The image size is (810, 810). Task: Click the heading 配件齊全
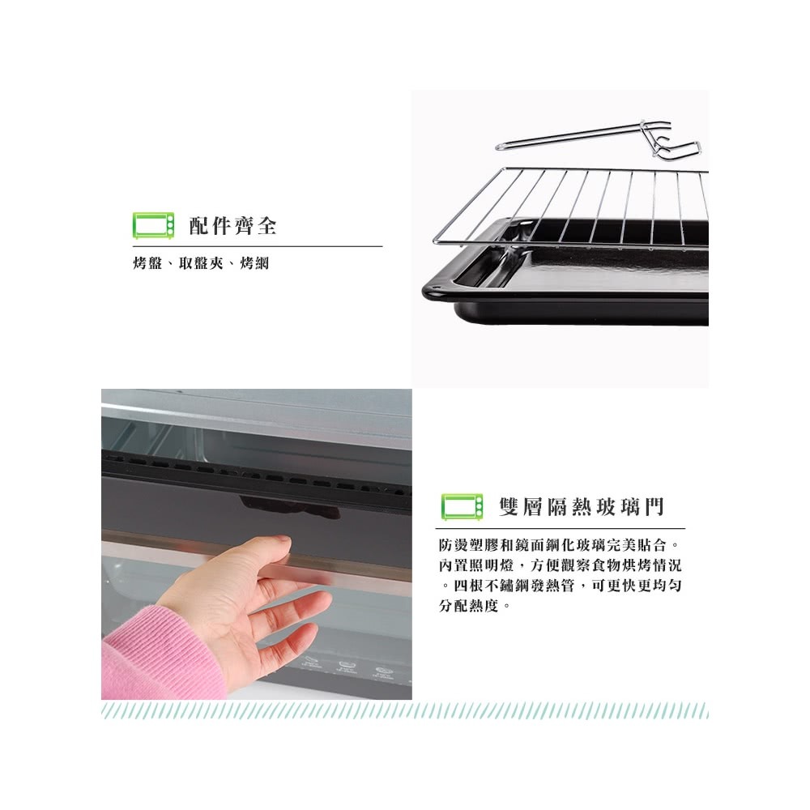point(233,226)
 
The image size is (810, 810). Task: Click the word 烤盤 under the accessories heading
point(147,263)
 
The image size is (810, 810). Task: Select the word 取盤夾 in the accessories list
point(201,263)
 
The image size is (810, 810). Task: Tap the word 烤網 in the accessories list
point(254,263)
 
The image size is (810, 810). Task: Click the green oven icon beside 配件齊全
point(153,225)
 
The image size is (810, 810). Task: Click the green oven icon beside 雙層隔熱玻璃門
point(463,507)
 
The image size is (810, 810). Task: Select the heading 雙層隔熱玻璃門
point(581,507)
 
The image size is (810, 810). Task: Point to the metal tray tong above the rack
point(599,139)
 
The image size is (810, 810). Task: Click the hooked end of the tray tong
point(671,142)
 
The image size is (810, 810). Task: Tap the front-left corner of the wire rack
point(435,241)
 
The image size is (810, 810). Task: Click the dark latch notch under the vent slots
point(289,509)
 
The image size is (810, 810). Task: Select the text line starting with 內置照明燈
point(561,565)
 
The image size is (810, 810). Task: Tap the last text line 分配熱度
point(474,605)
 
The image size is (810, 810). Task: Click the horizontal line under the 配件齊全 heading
point(258,246)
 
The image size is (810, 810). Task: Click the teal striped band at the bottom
point(405,710)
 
